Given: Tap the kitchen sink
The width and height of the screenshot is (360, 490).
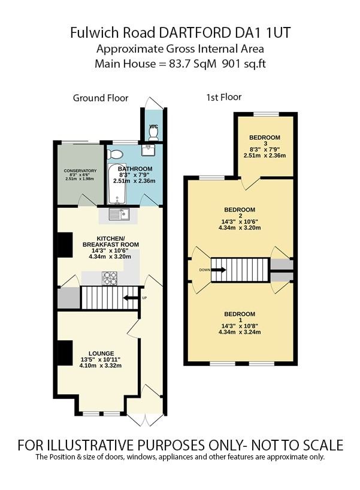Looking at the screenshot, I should (x=118, y=213).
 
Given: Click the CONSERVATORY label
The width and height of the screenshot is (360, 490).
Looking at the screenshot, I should (x=80, y=171).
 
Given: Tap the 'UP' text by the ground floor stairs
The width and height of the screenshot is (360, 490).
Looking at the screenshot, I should (x=144, y=298).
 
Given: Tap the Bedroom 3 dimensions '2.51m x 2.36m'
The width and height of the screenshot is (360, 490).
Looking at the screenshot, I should (x=265, y=155).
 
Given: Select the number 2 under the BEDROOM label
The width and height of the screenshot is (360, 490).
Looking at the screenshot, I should (x=240, y=216).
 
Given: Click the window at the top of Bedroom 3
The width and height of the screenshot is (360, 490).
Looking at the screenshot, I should (x=265, y=114).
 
